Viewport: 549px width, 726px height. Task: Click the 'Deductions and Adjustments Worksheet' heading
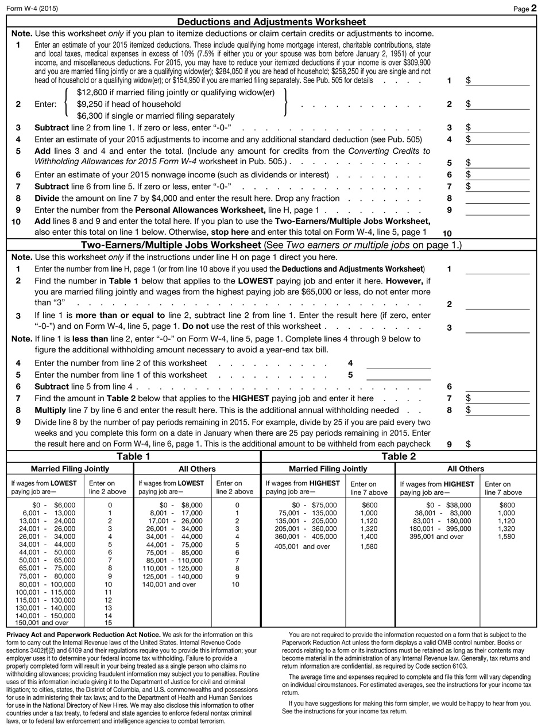point(271,22)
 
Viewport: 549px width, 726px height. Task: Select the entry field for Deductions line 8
point(497,199)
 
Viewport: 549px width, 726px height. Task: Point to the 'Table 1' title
point(133,456)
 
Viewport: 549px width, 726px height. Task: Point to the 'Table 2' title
point(399,456)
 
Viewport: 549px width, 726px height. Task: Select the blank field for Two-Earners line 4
point(398,363)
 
